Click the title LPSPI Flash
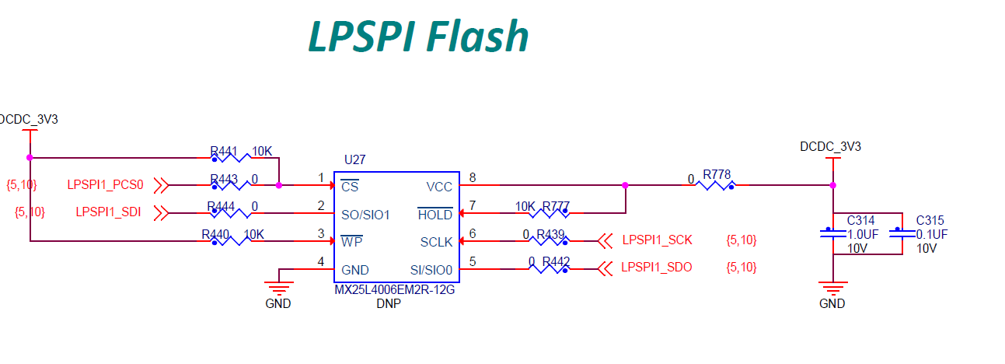click(x=418, y=36)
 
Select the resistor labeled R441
click(x=231, y=158)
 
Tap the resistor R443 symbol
click(x=231, y=185)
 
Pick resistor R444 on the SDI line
click(x=231, y=213)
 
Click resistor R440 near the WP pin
click(x=231, y=241)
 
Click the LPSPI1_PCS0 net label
click(x=105, y=185)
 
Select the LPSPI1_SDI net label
click(x=108, y=212)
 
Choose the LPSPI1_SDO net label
click(x=657, y=268)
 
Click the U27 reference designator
click(x=354, y=159)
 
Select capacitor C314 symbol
click(x=832, y=234)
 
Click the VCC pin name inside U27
click(x=439, y=187)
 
